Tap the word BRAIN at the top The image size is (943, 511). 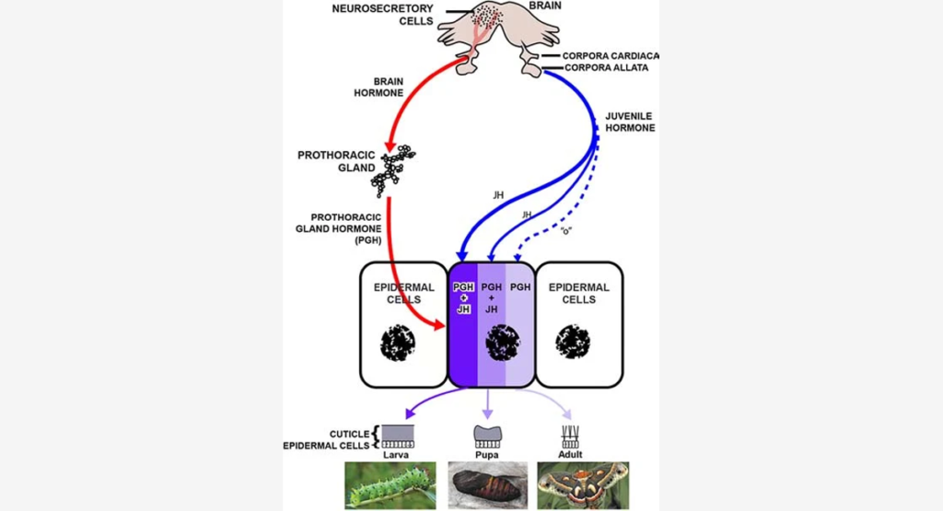point(544,6)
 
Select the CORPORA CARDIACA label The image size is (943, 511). point(611,56)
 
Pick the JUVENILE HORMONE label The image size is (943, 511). point(630,122)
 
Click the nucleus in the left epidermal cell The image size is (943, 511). point(398,342)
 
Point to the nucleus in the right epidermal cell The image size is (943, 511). point(573,342)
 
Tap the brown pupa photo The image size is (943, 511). point(488,484)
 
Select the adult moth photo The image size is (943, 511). point(583,484)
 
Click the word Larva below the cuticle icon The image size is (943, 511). point(398,454)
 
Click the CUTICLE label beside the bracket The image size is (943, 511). point(349,433)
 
